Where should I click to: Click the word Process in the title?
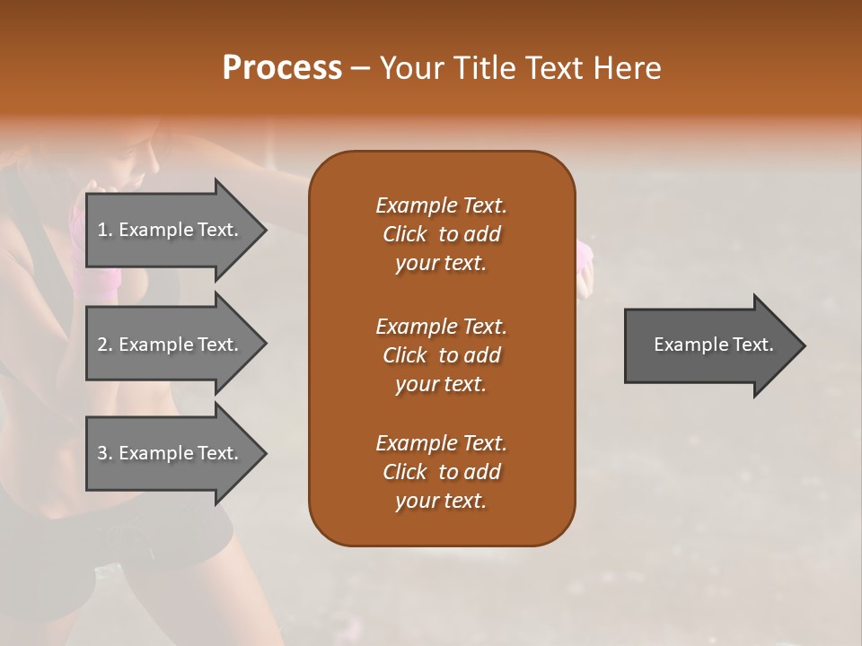tap(282, 68)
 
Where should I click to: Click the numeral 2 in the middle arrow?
tap(102, 345)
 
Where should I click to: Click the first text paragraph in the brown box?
tap(441, 234)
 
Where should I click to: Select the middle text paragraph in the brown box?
tap(441, 355)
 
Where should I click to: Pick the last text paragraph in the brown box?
tap(441, 472)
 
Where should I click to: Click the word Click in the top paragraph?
tap(404, 234)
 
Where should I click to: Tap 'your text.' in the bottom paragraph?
tap(441, 501)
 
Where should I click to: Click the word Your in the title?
tap(411, 68)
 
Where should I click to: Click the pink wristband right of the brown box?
tap(585, 256)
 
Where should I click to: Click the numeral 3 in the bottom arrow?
tap(102, 453)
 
